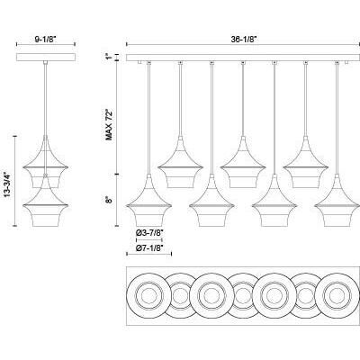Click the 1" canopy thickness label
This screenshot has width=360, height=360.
point(109,57)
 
